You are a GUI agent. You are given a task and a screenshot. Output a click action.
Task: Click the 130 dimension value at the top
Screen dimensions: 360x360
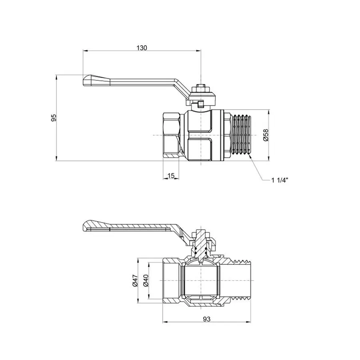click(142, 47)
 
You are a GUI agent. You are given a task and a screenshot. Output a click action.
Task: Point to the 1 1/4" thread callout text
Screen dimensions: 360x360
click(280, 180)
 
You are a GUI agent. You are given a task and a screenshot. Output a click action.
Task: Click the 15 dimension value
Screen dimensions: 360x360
click(171, 176)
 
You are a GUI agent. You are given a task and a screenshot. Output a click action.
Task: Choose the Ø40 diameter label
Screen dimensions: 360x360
click(146, 281)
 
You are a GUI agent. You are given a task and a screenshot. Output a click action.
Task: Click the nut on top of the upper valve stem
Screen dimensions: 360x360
click(200, 87)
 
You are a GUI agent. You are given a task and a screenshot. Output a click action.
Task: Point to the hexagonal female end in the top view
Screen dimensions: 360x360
click(172, 136)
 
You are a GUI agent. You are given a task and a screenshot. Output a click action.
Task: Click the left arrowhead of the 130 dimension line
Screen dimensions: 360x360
click(84, 51)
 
